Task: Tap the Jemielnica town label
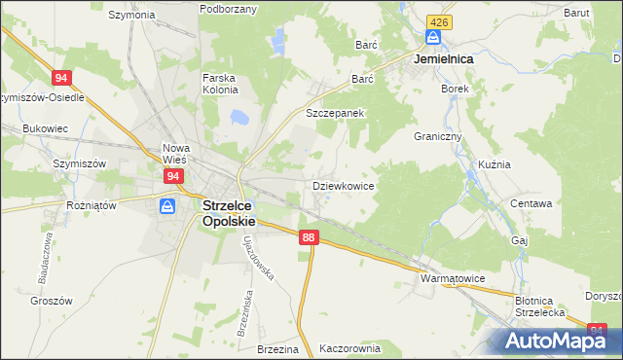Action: [443, 59]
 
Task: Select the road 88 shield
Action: [309, 237]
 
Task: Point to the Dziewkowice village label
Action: [344, 185]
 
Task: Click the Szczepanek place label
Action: [335, 113]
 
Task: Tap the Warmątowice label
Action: [453, 278]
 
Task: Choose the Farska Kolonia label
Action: [220, 84]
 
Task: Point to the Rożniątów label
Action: [92, 205]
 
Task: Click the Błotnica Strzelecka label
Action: [540, 306]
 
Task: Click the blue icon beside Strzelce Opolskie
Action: [167, 206]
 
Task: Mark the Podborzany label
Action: [228, 9]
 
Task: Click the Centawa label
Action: [531, 204]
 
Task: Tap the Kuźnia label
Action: [495, 165]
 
